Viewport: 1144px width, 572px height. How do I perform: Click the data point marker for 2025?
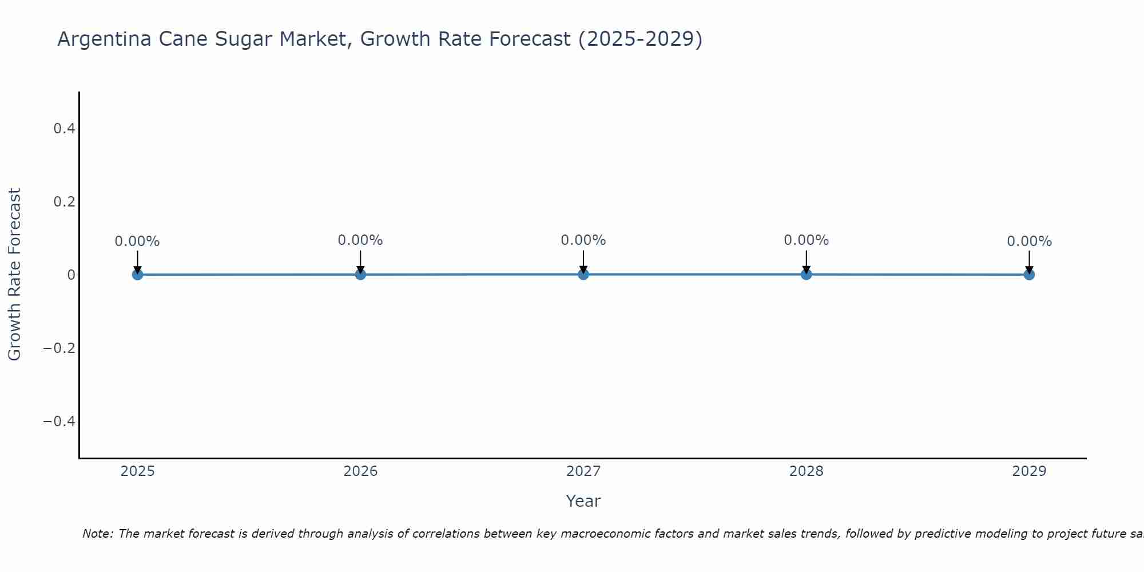137,275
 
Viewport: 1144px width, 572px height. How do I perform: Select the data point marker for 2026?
360,275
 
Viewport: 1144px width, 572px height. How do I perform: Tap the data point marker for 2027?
583,275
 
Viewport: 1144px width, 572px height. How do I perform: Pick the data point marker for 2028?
806,275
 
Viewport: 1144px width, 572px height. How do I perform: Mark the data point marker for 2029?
1029,275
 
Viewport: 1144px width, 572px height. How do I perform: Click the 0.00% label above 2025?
137,241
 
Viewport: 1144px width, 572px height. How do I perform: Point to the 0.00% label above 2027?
583,240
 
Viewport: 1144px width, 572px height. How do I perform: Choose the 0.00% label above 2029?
1029,241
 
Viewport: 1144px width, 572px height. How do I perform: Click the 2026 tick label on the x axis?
360,471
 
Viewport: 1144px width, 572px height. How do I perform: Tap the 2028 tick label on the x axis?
806,471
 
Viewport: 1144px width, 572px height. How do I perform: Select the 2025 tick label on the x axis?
137,471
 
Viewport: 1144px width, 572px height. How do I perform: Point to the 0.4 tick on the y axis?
65,129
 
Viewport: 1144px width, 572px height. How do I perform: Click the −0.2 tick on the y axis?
59,348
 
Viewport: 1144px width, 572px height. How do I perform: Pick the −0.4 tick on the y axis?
59,422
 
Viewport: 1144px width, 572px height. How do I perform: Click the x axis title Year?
583,501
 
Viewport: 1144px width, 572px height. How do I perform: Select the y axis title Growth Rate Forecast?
14,275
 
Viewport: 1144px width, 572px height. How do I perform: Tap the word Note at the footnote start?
98,534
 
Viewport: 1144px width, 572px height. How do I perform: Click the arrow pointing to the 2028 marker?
806,261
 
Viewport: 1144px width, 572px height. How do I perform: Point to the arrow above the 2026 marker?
360,261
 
